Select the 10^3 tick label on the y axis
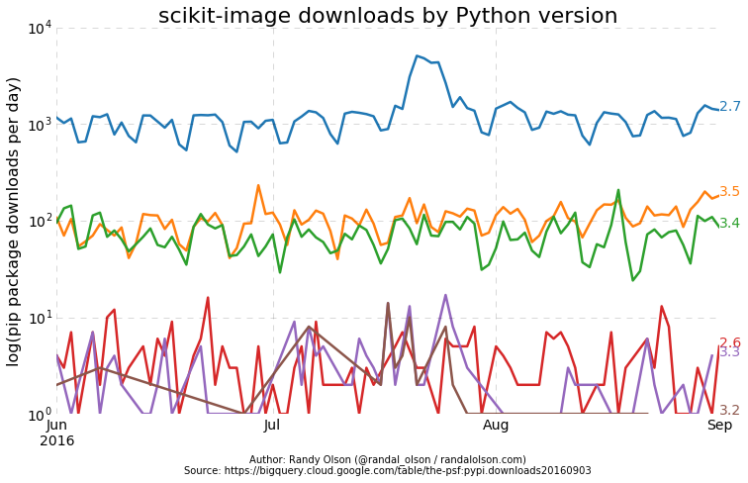(39, 125)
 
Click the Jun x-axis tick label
(57, 426)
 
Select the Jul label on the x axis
(273, 426)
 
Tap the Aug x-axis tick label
(496, 426)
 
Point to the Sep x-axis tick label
(719, 426)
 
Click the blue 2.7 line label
(730, 107)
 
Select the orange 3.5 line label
(730, 192)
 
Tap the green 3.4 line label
(730, 224)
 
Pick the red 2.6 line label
(730, 343)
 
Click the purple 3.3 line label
(730, 352)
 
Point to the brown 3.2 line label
(730, 411)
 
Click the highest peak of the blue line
(417, 55)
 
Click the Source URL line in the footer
(388, 471)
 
